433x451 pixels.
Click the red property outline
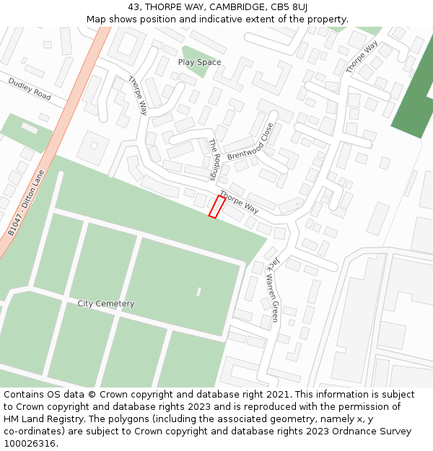point(216,206)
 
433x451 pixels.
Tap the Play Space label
point(199,63)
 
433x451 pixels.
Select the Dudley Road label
point(30,89)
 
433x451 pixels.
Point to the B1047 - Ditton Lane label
point(26,203)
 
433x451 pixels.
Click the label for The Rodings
point(214,159)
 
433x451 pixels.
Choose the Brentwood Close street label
point(250,141)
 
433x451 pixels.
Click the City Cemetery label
point(106,304)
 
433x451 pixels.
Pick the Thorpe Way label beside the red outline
point(239,202)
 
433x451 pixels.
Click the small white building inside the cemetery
point(198,292)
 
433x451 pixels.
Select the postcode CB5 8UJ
point(291,7)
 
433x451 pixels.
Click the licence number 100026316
point(30,443)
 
